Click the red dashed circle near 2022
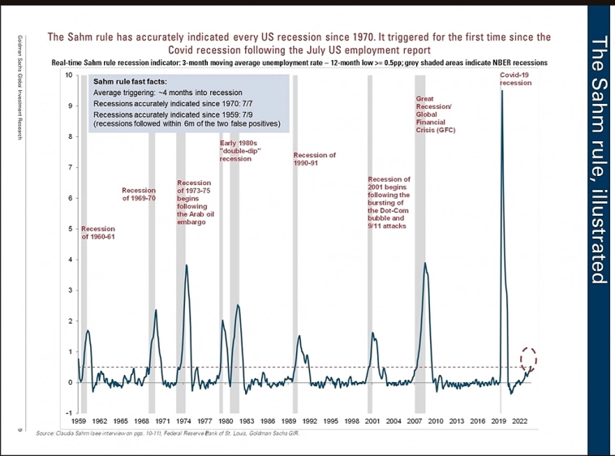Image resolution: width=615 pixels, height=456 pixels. tap(529, 357)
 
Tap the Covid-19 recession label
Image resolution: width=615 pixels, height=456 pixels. tap(515, 79)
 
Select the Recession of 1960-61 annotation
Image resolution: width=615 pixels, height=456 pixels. tap(97, 233)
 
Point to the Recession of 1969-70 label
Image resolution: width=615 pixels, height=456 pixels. tap(139, 194)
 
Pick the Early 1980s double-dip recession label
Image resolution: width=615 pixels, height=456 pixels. tap(239, 151)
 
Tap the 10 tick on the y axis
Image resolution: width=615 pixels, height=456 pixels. tap(69, 75)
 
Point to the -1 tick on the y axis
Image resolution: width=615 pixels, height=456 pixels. tap(69, 413)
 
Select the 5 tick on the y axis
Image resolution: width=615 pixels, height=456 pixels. tap(71, 229)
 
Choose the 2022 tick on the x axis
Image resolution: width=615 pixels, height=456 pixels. tap(521, 422)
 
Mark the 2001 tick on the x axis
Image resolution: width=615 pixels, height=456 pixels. tap(373, 422)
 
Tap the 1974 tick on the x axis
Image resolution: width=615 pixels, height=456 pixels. tap(184, 422)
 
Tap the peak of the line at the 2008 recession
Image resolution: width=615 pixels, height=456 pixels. tap(425, 263)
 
